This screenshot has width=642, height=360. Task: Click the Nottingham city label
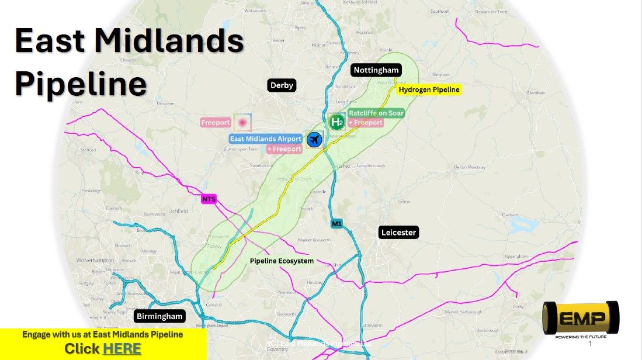point(376,70)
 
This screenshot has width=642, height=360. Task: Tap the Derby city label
point(282,85)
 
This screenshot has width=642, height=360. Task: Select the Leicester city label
point(398,232)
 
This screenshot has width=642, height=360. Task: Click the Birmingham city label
point(159,316)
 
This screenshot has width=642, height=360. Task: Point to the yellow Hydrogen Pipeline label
point(429,89)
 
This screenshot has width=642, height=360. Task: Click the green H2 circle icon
point(336,122)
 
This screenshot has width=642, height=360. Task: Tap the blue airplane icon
point(314,140)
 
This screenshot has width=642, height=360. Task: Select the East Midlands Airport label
point(266,139)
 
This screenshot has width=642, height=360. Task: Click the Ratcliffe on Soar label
point(376,113)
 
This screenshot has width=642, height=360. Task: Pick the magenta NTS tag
point(209,199)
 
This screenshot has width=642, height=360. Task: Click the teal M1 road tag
point(336,223)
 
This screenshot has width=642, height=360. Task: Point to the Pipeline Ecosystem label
point(282,261)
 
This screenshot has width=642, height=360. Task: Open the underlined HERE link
point(122,349)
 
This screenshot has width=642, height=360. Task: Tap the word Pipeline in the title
point(81,84)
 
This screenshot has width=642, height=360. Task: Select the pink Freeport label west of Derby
point(216,123)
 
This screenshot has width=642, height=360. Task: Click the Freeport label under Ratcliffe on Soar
point(366,123)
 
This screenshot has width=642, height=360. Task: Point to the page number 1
point(589,344)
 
